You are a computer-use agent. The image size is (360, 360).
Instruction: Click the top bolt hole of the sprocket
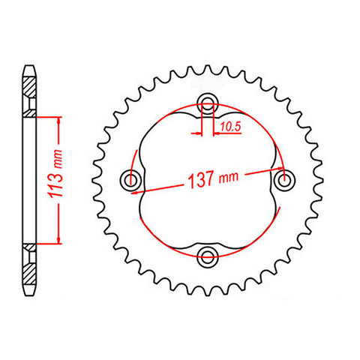pos(207,104)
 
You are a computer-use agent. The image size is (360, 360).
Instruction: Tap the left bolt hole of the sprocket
pos(132,179)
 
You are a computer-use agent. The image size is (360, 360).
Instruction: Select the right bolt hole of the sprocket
pos(283,179)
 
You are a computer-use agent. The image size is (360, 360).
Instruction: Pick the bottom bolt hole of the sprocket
pos(207,256)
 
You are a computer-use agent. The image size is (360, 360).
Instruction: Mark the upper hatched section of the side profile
pos(29,93)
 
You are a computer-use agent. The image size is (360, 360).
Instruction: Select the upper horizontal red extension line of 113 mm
pos(46,116)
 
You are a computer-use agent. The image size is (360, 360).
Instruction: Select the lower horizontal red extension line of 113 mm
pos(46,244)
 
